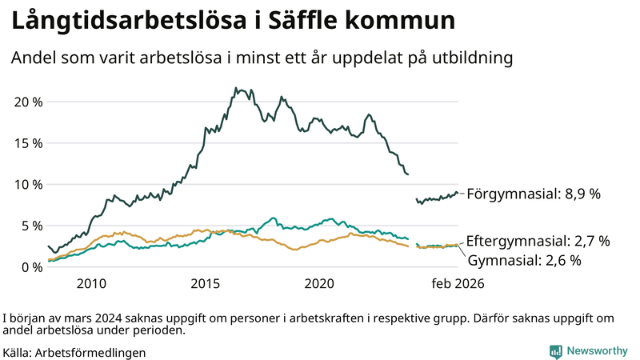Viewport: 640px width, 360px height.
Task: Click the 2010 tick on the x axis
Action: (91, 283)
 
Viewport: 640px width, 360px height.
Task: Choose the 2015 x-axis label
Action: (206, 283)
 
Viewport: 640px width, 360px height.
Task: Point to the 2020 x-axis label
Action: (320, 283)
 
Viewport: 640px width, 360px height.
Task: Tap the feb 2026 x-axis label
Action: (458, 283)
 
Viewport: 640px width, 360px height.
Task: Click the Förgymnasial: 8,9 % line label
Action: (533, 194)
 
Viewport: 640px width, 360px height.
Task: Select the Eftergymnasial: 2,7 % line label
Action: (538, 241)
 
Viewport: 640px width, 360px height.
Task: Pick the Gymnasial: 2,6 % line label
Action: (524, 260)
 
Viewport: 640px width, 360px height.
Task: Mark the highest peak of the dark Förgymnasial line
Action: (235, 88)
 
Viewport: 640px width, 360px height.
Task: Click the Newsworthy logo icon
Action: (555, 351)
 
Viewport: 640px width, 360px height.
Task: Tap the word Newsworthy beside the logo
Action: (598, 351)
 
